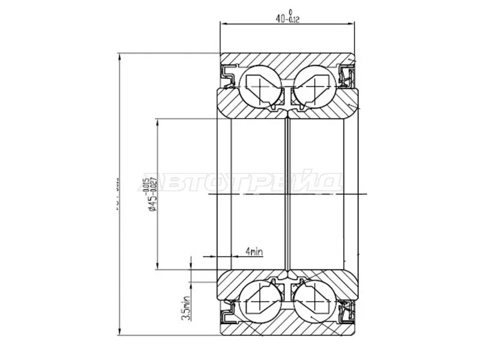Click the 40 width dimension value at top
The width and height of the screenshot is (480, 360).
pyautogui.click(x=280, y=18)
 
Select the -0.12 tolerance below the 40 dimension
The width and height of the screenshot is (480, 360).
pyautogui.click(x=293, y=20)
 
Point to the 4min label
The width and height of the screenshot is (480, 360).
pyautogui.click(x=254, y=251)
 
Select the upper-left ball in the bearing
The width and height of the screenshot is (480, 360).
pyautogui.click(x=259, y=86)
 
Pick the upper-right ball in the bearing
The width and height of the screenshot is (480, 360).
pyautogui.click(x=313, y=86)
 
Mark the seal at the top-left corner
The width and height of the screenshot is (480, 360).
pyautogui.click(x=228, y=74)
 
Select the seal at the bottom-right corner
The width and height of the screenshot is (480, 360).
pyautogui.click(x=346, y=313)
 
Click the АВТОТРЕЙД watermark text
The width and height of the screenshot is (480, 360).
pyautogui.click(x=240, y=183)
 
